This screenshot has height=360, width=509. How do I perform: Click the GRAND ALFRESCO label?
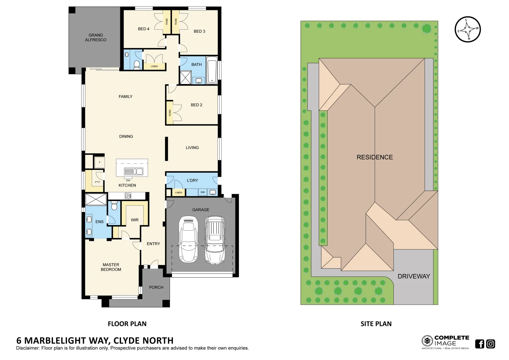click(96, 37)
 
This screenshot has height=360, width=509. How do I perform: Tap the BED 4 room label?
click(144, 29)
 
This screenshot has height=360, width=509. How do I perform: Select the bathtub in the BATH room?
click(212, 71)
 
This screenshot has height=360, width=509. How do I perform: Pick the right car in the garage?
click(215, 240)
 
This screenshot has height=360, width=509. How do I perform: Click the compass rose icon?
click(468, 29)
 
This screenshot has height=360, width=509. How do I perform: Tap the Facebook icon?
click(479, 344)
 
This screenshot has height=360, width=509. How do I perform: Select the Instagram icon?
click(491, 344)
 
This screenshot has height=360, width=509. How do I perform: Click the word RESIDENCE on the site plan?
click(375, 157)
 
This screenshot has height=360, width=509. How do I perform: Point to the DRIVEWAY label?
click(414, 276)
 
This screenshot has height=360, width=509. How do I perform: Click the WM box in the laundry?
click(203, 192)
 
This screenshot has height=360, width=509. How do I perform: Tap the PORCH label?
click(156, 287)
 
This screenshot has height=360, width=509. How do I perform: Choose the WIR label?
click(135, 220)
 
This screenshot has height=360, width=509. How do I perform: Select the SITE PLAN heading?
click(376, 324)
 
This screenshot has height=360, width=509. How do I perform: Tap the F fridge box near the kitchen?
click(99, 162)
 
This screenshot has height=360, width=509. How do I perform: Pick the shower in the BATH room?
click(185, 77)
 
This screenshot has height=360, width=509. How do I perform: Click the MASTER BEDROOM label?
click(111, 267)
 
